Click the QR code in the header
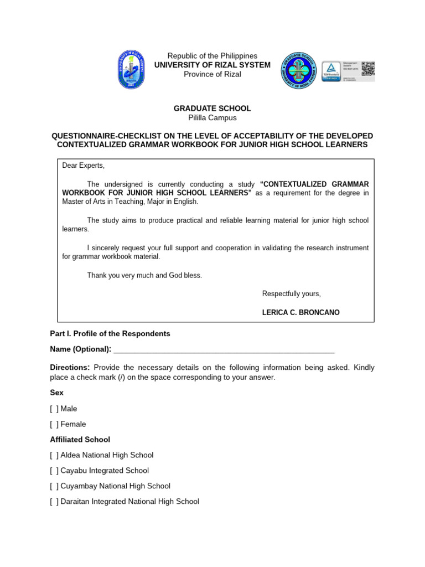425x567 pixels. [x=368, y=69]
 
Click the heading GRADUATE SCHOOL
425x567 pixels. [x=212, y=109]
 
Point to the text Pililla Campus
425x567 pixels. [x=212, y=118]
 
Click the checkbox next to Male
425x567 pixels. [x=54, y=409]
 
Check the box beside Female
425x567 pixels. [x=54, y=424]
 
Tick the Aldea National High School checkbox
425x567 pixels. [x=54, y=455]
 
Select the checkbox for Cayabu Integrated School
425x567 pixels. [x=54, y=471]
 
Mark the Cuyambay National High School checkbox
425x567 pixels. [x=54, y=486]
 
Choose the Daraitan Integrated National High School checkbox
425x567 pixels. [x=54, y=502]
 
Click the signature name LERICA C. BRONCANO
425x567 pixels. [x=300, y=312]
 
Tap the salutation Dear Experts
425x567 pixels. [x=83, y=166]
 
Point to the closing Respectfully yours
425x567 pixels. [x=291, y=293]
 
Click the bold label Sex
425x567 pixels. [x=56, y=393]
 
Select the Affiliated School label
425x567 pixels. [x=80, y=440]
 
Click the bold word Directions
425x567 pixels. [x=70, y=368]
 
